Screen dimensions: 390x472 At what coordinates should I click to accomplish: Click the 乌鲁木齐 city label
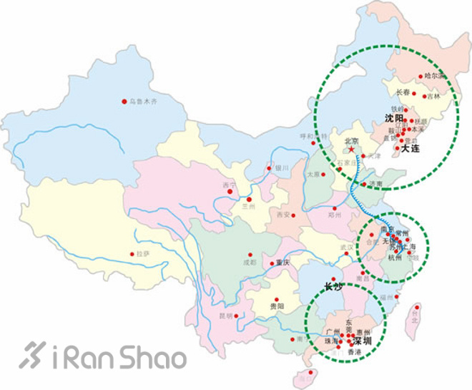point(143,102)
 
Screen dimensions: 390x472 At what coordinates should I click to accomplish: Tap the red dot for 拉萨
point(132,253)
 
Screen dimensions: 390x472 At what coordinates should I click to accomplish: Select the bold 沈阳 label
point(394,118)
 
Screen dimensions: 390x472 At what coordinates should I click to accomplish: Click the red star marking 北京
point(352,149)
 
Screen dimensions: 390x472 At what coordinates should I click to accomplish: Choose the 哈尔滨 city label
point(434,74)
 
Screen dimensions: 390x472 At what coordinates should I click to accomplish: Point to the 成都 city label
point(249,263)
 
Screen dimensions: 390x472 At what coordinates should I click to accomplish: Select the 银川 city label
point(281,168)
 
